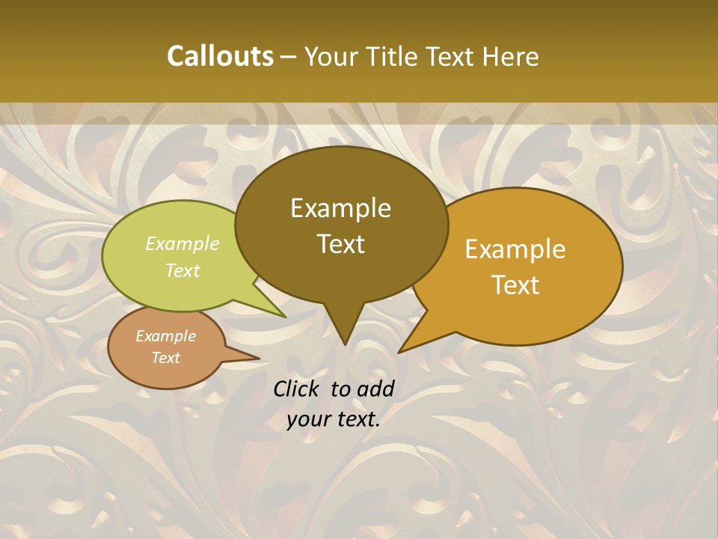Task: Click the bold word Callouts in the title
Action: pos(220,56)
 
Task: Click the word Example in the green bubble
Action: pos(182,243)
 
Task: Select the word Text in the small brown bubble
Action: pos(166,358)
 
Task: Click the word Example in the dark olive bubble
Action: pos(340,208)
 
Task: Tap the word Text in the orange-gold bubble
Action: pos(515,285)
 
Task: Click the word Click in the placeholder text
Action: pos(298,389)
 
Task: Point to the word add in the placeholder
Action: pos(375,389)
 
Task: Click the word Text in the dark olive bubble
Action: pos(340,244)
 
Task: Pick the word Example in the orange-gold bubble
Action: pos(515,249)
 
